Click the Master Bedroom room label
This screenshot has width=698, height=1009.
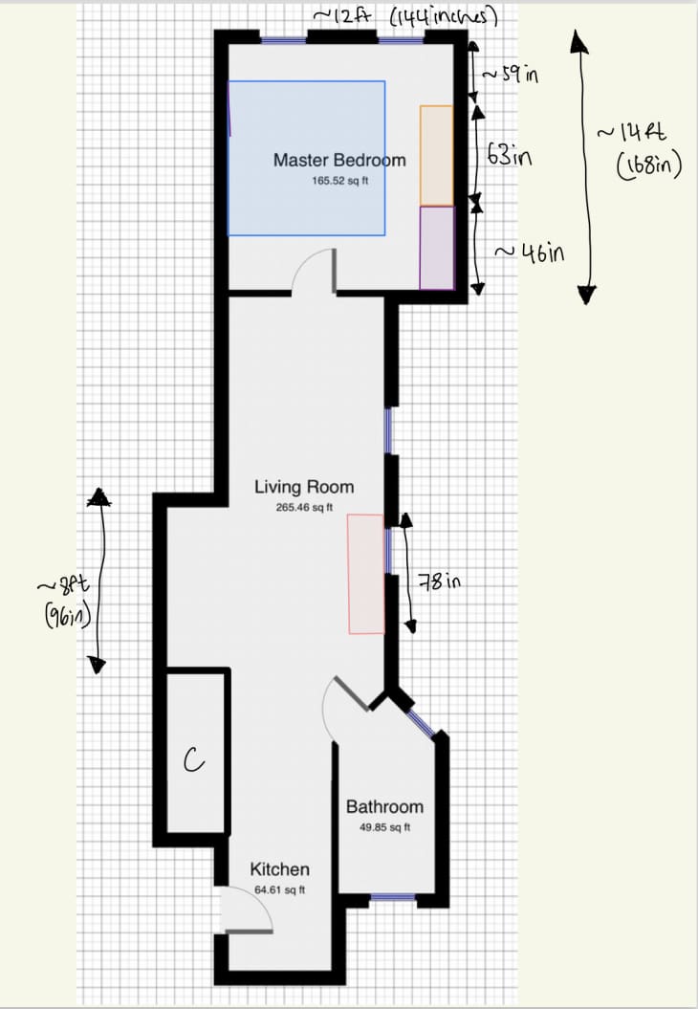339,161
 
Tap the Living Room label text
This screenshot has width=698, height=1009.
304,487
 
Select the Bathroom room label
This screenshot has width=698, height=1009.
384,807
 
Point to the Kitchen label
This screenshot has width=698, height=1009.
280,869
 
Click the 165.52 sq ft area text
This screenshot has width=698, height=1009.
340,181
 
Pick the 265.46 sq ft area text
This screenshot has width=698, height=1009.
304,508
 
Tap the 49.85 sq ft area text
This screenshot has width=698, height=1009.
384,827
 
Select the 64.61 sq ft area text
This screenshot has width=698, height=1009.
280,890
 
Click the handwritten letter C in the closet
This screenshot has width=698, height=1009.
193,760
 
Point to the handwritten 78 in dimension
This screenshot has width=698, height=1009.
440,581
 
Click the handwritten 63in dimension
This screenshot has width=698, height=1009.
510,155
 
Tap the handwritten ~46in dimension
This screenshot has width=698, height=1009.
530,252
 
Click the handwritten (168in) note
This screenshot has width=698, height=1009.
648,166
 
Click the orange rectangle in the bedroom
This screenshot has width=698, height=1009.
437,156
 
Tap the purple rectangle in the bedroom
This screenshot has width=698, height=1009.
437,248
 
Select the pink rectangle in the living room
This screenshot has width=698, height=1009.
366,574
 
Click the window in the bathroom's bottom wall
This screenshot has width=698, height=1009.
393,897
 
